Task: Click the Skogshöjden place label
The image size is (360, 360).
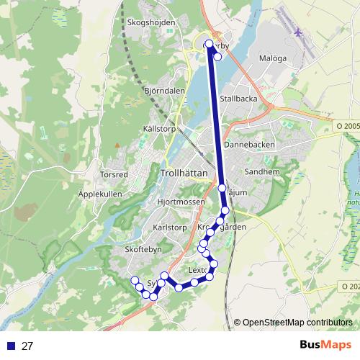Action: [x=150, y=22]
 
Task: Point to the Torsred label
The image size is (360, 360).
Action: [x=114, y=174]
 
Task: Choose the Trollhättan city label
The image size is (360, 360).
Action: [x=185, y=174]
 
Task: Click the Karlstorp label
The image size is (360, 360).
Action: [x=170, y=226]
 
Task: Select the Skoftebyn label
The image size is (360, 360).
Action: [x=143, y=247]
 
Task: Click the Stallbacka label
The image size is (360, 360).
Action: [x=239, y=98]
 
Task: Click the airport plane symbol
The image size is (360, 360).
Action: [x=299, y=32]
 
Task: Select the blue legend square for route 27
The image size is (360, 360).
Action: [x=10, y=346]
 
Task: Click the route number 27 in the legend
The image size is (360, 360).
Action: [x=27, y=346]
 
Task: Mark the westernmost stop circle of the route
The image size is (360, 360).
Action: [x=134, y=280]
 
